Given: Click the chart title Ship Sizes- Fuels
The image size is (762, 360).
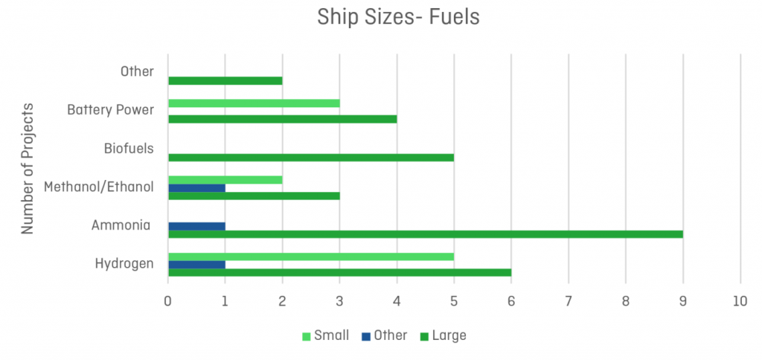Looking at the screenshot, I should click(x=398, y=17).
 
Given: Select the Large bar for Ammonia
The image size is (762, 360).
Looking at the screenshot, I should click(x=426, y=234).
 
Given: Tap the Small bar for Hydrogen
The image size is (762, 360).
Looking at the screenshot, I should click(x=311, y=257).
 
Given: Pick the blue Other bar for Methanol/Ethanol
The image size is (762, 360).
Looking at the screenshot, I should click(x=196, y=187).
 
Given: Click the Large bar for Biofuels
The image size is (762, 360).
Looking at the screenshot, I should click(x=311, y=157).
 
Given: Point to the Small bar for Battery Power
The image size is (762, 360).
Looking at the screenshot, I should click(x=254, y=103).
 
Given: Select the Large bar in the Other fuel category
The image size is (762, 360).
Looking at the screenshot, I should click(x=225, y=80).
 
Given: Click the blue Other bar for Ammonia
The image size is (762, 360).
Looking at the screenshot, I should click(x=196, y=226).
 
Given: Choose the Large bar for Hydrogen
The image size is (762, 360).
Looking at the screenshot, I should click(x=339, y=272).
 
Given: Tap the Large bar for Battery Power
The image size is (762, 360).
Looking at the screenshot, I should click(x=283, y=118).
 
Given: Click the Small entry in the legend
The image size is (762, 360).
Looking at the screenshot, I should click(x=325, y=335).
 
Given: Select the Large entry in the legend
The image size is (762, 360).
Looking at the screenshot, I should click(x=443, y=335).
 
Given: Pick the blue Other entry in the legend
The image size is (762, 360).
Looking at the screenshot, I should click(x=384, y=335).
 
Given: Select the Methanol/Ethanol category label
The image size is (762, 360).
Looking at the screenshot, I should click(x=99, y=187).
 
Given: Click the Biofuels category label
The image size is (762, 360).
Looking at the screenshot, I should click(x=129, y=148).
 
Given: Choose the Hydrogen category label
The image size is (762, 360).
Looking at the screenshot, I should click(x=124, y=263).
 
